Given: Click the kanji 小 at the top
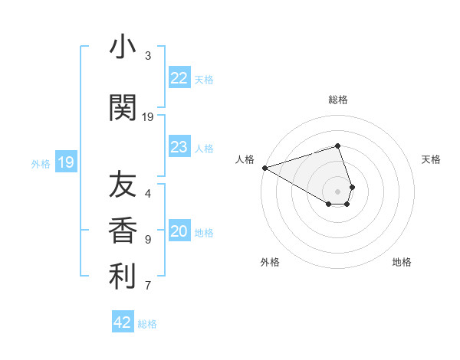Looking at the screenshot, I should pyautogui.click(x=123, y=47).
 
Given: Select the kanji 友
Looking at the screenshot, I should pyautogui.click(x=123, y=185).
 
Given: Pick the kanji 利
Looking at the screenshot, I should pyautogui.click(x=123, y=277).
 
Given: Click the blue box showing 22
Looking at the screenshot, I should pyautogui.click(x=179, y=78).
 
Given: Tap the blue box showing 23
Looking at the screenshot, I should pyautogui.click(x=179, y=147).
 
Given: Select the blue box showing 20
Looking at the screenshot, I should pyautogui.click(x=179, y=232).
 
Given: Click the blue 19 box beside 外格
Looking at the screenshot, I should pyautogui.click(x=66, y=162).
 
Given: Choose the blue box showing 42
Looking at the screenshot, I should pyautogui.click(x=123, y=322).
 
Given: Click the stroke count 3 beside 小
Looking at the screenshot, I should pyautogui.click(x=148, y=56).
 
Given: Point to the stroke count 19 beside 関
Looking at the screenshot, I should pyautogui.click(x=148, y=117).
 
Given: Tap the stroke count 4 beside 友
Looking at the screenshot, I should pyautogui.click(x=148, y=194).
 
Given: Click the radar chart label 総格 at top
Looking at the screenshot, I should pyautogui.click(x=338, y=100).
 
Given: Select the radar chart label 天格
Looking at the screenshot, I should pyautogui.click(x=431, y=159).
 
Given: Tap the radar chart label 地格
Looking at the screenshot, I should pyautogui.click(x=402, y=262).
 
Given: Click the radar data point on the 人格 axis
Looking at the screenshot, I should pyautogui.click(x=264, y=168).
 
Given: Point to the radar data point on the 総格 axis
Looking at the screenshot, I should pyautogui.click(x=338, y=146).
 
